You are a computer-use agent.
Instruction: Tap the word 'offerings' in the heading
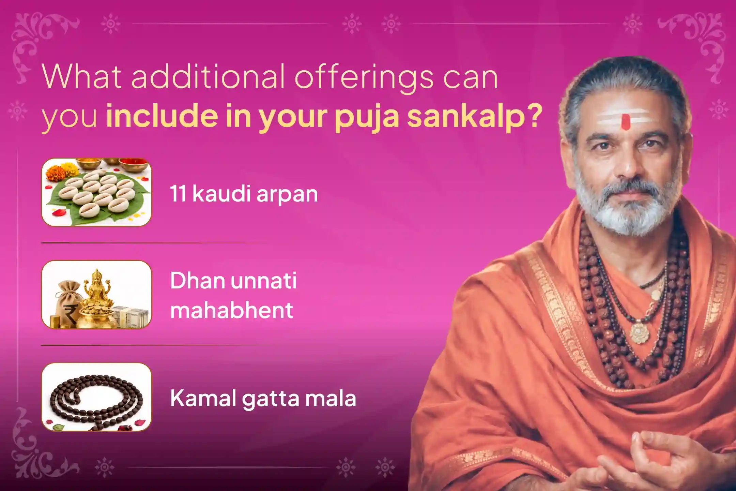pos(364,78)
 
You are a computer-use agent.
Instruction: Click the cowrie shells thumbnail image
pos(96,192)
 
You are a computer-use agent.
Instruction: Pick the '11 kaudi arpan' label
pos(244,194)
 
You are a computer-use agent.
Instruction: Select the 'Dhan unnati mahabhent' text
pos(233,295)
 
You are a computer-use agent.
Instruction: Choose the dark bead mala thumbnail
pos(96,397)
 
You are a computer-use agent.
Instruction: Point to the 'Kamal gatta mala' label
pos(263,398)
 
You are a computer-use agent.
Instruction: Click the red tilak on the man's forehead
pos(626,122)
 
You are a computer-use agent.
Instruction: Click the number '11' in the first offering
pos(178,194)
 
